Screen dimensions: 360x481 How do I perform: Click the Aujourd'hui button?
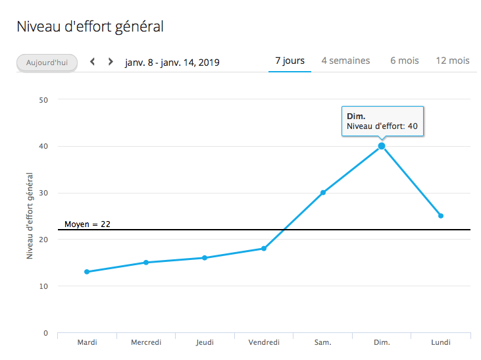tap(47, 63)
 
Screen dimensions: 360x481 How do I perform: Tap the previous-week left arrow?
tap(93, 62)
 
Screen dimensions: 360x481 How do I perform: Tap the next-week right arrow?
tap(111, 62)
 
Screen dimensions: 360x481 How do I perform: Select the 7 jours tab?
tap(290, 61)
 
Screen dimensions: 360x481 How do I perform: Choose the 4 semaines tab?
tap(345, 61)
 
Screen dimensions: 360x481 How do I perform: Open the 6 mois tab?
tap(404, 61)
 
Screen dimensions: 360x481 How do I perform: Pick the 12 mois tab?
tap(453, 61)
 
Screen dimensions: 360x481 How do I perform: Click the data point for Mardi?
tap(87, 272)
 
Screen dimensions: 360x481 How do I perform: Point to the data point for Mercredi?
tap(146, 263)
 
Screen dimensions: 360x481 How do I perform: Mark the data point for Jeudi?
tap(205, 258)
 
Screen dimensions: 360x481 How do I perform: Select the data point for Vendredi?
tap(264, 248)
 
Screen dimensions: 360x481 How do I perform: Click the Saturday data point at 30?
tap(323, 193)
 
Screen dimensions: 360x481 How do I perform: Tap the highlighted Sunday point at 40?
tap(382, 146)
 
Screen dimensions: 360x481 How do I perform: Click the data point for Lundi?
tap(441, 216)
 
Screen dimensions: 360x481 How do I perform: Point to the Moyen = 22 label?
tap(88, 224)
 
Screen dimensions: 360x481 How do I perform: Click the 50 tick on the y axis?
tap(44, 100)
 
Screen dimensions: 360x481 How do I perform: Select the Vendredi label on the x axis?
tap(264, 342)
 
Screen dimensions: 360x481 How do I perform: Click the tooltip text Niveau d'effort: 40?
tap(382, 126)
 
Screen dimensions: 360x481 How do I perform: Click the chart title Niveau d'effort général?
tap(89, 27)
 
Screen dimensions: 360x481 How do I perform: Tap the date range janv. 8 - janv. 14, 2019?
tap(172, 63)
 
